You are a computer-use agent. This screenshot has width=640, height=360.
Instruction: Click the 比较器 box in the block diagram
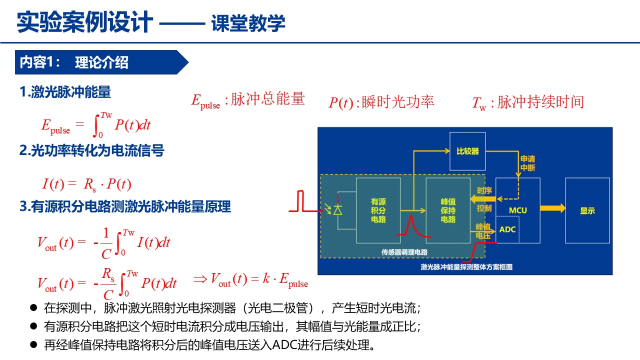click(467, 151)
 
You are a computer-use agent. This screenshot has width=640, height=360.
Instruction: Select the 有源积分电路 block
click(378, 210)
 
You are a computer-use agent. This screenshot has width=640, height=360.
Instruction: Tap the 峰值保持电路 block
click(448, 210)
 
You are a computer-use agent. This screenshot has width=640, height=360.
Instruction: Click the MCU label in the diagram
click(517, 210)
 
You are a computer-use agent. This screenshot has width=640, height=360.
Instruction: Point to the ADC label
click(507, 229)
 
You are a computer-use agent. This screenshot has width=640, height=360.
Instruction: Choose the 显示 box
click(587, 210)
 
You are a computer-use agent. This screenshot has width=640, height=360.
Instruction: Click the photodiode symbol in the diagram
click(338, 210)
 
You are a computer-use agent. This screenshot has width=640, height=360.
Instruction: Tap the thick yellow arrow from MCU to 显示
click(552, 208)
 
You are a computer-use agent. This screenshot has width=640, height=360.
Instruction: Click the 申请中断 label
click(527, 163)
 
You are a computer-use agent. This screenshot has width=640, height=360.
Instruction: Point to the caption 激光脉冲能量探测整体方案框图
click(466, 267)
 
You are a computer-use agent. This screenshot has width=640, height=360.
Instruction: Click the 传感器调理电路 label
click(404, 252)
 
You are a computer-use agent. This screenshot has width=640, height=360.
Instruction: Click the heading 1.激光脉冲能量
click(65, 92)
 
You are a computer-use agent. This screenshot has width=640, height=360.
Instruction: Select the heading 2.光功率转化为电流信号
click(91, 150)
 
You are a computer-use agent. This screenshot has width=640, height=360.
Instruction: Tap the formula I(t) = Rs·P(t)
click(86, 184)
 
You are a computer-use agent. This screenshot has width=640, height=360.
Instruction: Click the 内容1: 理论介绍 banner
click(101, 62)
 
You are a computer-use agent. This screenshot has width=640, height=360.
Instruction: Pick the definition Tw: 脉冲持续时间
click(528, 102)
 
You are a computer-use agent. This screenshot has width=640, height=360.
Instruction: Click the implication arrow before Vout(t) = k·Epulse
click(199, 279)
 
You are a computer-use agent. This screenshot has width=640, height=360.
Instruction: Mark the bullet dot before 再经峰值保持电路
click(33, 345)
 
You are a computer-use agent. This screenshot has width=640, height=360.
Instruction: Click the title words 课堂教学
click(248, 23)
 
